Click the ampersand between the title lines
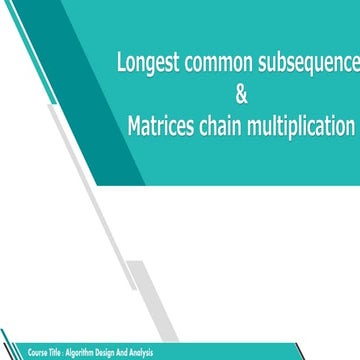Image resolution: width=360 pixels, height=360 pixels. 239,96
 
